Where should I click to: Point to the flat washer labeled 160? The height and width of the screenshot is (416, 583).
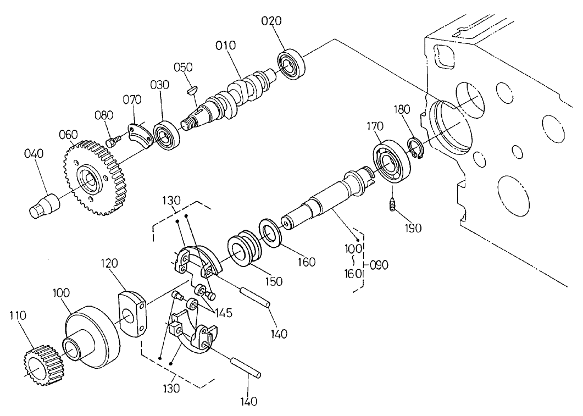coord(270,231)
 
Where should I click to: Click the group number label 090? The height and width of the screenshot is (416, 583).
coord(379,264)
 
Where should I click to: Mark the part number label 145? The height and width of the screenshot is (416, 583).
coord(221,313)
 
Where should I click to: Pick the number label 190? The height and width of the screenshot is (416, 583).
coord(411,228)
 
